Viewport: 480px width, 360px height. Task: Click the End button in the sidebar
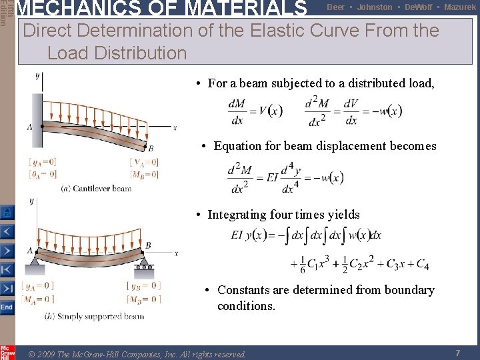pyautogui.click(x=7, y=307)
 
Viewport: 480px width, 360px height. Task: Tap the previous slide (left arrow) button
pyautogui.click(x=7, y=232)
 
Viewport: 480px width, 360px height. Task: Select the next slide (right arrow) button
pyautogui.click(x=7, y=251)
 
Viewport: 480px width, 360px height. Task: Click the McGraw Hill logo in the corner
pyautogui.click(x=7, y=352)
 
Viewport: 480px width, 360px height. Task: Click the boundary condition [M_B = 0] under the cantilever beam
pyautogui.click(x=144, y=175)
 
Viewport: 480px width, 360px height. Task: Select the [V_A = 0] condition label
pyautogui.click(x=144, y=162)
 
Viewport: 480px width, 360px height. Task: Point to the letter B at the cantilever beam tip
pyautogui.click(x=151, y=148)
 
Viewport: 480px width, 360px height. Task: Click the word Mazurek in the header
pyautogui.click(x=460, y=7)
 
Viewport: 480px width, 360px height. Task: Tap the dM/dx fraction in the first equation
pyautogui.click(x=236, y=112)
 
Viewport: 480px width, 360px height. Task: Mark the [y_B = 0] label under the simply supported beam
pyautogui.click(x=144, y=286)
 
